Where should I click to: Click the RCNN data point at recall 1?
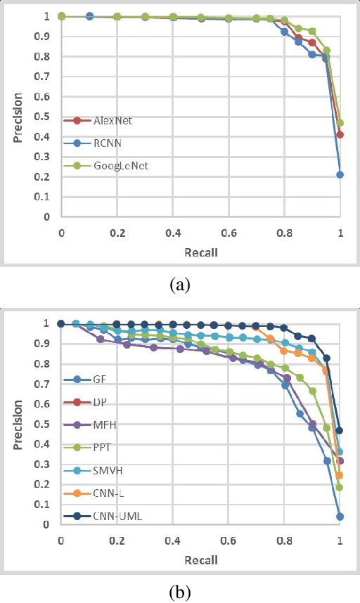coord(340,174)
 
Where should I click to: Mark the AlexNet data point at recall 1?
coord(340,134)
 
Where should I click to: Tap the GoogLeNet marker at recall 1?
coord(340,122)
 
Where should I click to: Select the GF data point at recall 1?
coord(340,516)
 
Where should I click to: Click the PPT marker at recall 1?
coord(340,487)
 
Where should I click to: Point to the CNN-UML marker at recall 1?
coord(340,430)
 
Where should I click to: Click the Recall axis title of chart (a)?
coord(201,252)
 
